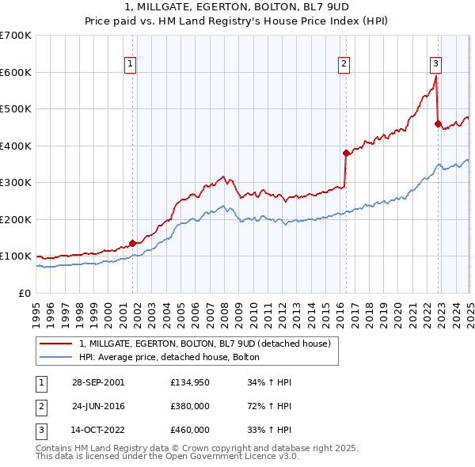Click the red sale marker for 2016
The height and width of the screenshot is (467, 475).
(346, 153)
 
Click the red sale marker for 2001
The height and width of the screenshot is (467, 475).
(132, 243)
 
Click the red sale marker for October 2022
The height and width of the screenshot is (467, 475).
(438, 123)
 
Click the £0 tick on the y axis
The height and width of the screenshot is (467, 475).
(25, 293)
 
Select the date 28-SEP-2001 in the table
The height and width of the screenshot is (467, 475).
(97, 382)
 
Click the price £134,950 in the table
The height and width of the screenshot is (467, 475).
(189, 382)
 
